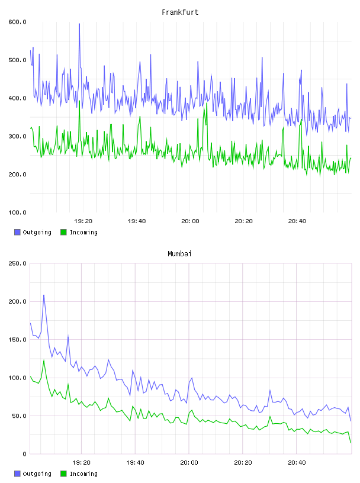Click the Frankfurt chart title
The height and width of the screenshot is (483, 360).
180,12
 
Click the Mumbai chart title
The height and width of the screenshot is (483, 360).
179,253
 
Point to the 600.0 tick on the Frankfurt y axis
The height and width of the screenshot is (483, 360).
17,22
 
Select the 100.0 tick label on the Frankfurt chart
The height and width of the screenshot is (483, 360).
17,212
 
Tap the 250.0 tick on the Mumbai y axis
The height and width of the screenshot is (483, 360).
17,263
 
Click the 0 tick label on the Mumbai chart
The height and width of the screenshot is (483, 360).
24,454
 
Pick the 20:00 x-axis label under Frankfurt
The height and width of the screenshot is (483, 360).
190,221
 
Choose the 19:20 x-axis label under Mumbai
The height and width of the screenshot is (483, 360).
81,462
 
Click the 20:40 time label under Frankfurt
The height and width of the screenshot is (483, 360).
297,221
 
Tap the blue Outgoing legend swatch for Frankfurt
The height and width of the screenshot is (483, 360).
17,232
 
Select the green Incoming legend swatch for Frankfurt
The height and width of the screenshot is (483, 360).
63,232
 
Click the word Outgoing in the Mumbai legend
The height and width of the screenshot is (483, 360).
37,474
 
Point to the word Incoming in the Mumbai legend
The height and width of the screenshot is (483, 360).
83,474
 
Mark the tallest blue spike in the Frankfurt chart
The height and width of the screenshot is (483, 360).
79,24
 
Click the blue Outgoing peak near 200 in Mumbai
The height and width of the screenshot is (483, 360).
44,295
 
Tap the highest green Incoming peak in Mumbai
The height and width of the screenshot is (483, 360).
44,360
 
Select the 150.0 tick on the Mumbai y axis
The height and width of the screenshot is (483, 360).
17,339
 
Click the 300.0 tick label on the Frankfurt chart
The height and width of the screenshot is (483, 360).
17,136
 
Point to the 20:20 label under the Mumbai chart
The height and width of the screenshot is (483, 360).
243,462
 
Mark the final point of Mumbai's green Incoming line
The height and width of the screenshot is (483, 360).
351,443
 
